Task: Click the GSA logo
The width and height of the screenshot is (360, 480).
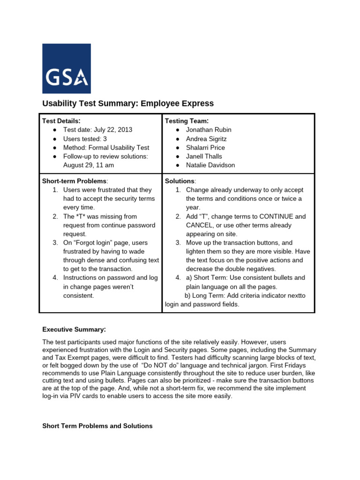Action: [x=67, y=68]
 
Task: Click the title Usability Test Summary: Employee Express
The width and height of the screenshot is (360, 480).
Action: [x=128, y=104]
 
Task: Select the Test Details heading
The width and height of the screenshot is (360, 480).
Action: [x=61, y=121]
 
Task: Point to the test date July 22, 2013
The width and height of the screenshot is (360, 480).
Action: [x=97, y=130]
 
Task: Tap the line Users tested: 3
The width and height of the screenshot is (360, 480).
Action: [x=85, y=139]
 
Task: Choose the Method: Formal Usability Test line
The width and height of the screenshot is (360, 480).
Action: [x=106, y=148]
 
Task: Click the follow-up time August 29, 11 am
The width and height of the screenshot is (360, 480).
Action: [x=89, y=165]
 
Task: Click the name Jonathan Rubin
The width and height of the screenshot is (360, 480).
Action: [x=209, y=130]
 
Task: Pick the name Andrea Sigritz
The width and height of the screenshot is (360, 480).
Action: [x=206, y=139]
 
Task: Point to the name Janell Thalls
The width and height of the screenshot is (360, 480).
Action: [x=204, y=156]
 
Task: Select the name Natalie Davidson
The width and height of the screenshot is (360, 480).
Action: [x=210, y=165]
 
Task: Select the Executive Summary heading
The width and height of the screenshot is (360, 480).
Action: [x=74, y=329]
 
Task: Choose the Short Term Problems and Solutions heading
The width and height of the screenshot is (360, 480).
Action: [x=97, y=426]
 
